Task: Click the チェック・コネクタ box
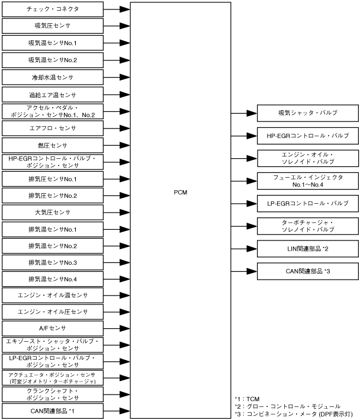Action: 53,9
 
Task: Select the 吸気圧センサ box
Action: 53,27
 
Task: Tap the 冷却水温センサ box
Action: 53,78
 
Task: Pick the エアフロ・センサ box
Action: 53,128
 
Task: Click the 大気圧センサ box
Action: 53,212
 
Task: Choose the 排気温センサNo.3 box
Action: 53,262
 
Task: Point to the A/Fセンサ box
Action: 53,328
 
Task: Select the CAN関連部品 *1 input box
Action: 53,411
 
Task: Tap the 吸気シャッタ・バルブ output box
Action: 303,113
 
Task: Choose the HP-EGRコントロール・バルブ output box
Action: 303,136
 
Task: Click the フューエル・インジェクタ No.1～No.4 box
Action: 303,181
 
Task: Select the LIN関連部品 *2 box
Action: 303,248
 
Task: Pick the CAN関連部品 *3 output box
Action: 303,271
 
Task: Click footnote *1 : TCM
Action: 247,399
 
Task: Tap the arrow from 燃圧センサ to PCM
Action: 117,145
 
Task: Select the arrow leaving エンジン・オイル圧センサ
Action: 117,311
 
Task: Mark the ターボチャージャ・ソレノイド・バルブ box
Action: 303,226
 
